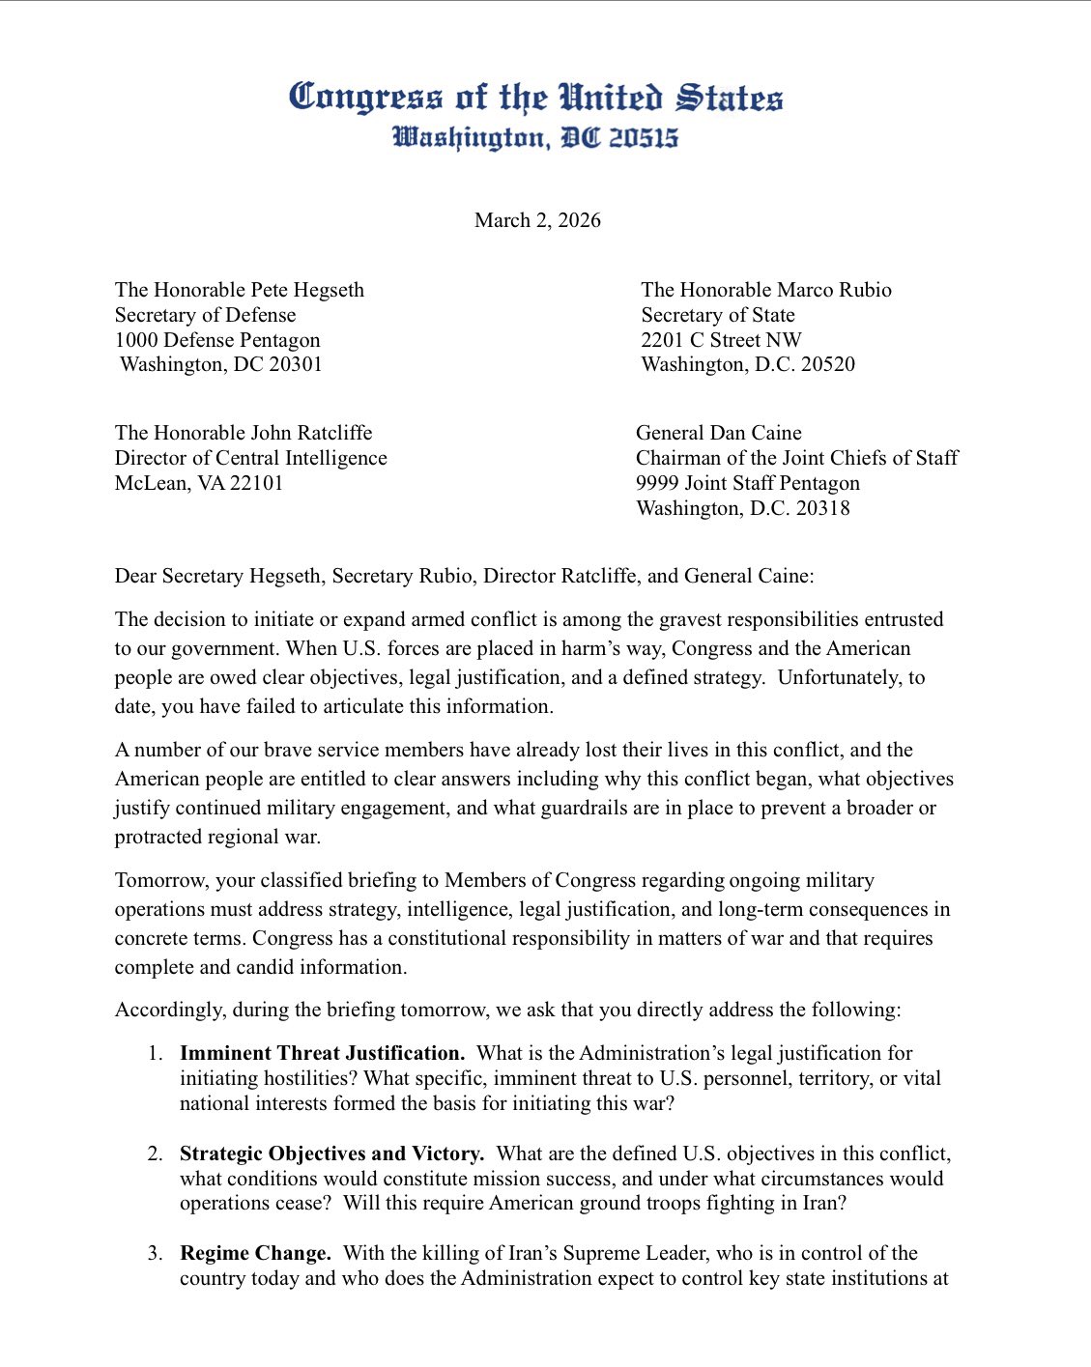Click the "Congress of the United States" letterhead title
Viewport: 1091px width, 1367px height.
536,98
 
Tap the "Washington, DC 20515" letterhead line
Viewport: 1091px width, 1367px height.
536,138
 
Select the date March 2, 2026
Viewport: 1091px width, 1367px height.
537,220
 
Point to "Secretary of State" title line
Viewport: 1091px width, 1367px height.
718,315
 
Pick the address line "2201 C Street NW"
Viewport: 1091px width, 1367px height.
721,340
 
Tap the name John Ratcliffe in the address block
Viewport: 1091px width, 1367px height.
313,433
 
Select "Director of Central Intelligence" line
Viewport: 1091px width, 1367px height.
251,458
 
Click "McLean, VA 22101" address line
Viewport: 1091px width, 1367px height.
199,483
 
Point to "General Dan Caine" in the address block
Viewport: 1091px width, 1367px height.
718,433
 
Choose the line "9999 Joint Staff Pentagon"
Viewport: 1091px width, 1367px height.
747,483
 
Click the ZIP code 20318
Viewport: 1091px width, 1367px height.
821,508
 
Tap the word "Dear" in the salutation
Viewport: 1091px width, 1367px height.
135,576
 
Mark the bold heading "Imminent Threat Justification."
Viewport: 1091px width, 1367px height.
322,1053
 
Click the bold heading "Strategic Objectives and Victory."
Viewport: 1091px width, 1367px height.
331,1153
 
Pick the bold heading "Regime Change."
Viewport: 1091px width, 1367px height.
255,1253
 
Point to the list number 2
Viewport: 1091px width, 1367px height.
155,1153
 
